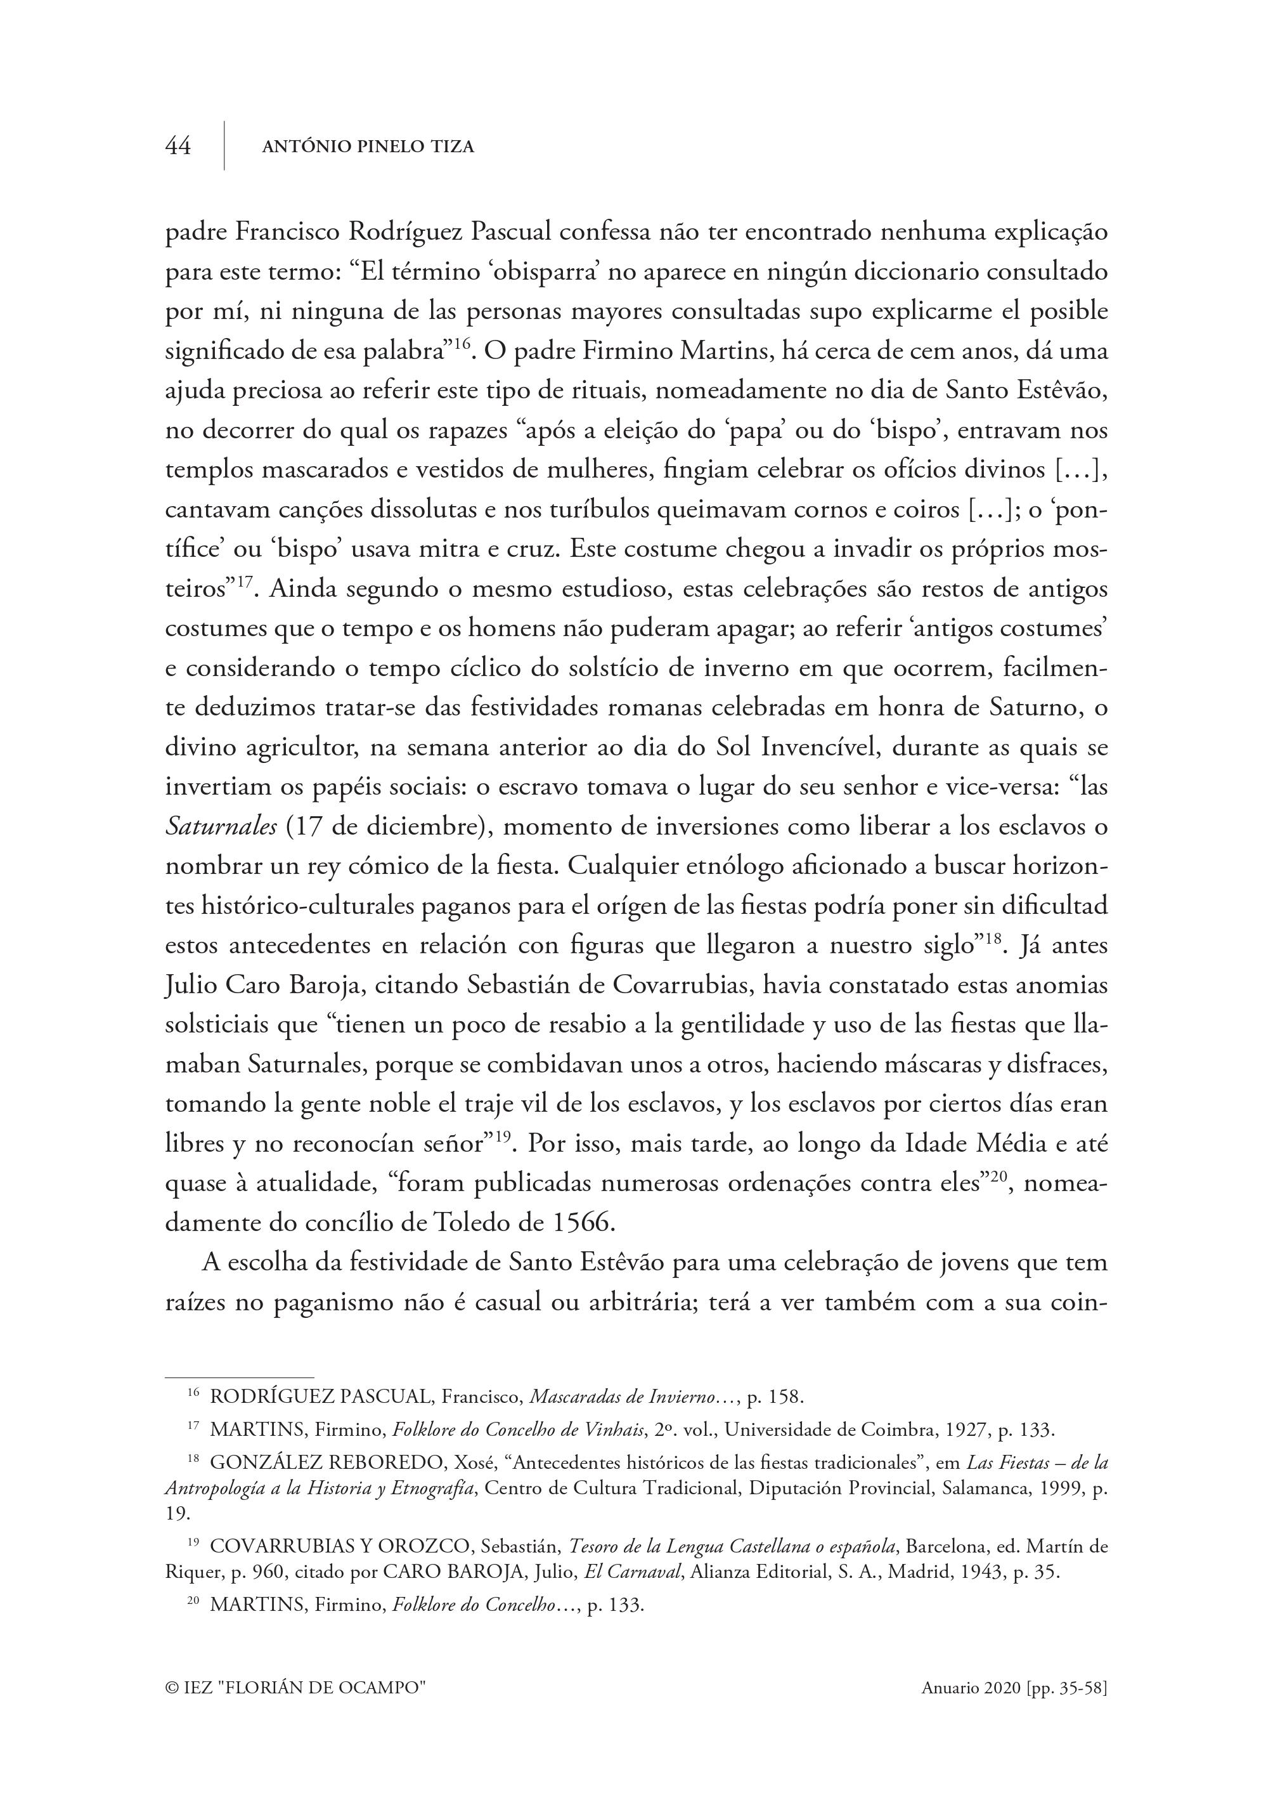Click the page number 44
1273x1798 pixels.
tap(178, 146)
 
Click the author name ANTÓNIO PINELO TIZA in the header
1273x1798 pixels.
tap(368, 147)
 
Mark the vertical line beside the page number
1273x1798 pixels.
tap(225, 146)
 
